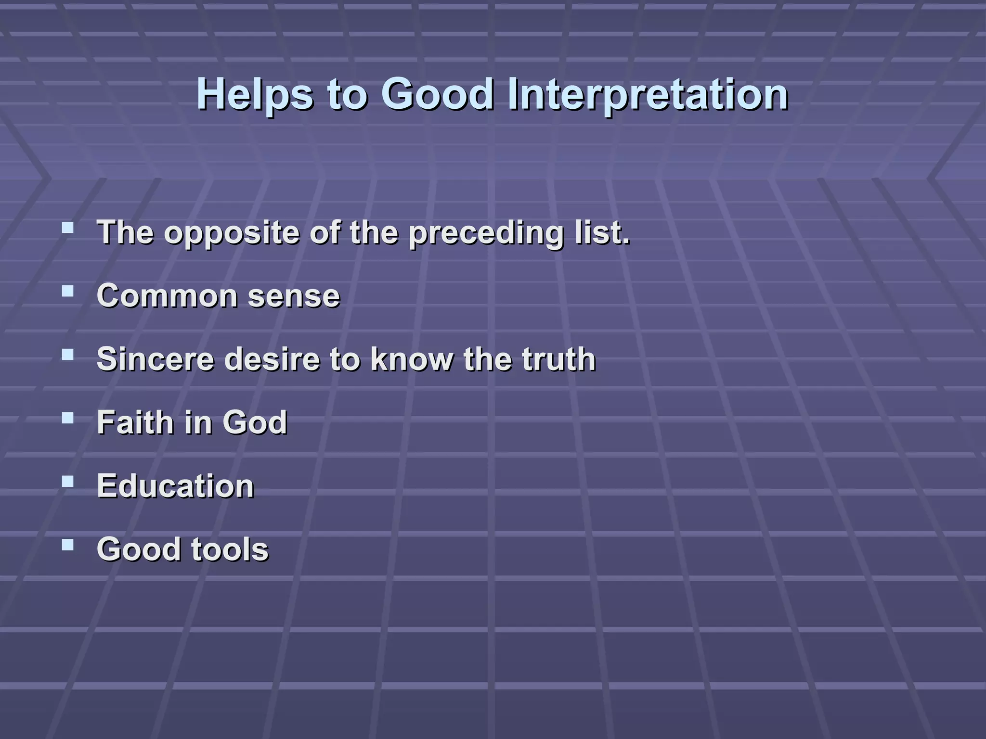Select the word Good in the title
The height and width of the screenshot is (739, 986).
pyautogui.click(x=437, y=94)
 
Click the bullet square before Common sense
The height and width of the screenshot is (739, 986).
pyautogui.click(x=68, y=291)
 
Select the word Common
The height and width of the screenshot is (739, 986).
pyautogui.click(x=167, y=296)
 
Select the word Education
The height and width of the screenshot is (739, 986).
pyautogui.click(x=175, y=486)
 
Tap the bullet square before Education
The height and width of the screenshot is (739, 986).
pyautogui.click(x=68, y=481)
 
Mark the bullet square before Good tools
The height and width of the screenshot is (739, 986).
pyautogui.click(x=68, y=545)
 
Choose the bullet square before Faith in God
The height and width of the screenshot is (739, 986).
pyautogui.click(x=68, y=418)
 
